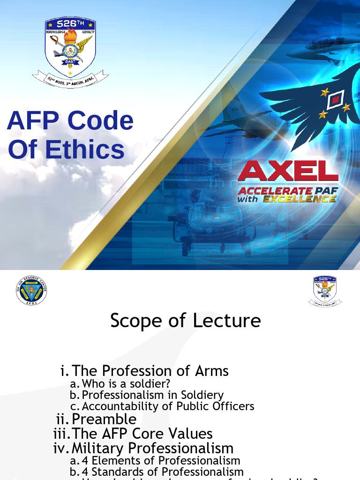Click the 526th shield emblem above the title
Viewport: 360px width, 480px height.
coord(70,47)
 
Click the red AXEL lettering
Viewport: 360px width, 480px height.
coord(288,173)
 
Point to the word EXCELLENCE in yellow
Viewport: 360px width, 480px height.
coord(299,199)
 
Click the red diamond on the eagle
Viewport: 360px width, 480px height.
coord(335,99)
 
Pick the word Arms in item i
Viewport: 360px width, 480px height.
coord(211,371)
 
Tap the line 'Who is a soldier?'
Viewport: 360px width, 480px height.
coord(126,384)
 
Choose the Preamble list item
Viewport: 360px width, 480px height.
coord(104,419)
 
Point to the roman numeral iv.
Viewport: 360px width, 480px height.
coord(61,449)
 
